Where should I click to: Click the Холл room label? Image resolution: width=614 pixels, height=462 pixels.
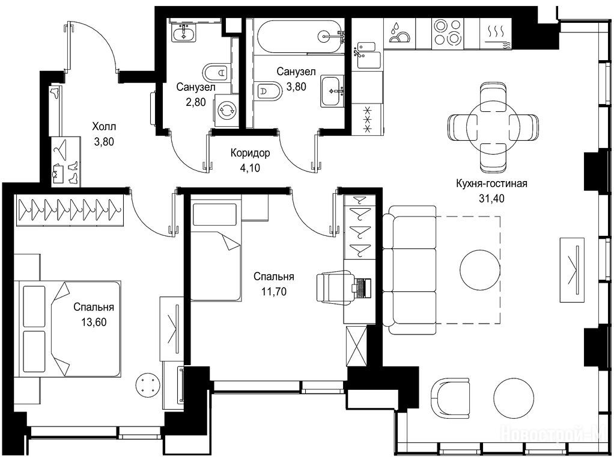coord(104,127)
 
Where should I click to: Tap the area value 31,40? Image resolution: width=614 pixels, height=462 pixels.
coord(491,199)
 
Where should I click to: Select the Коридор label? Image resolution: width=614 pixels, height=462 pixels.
coord(250,153)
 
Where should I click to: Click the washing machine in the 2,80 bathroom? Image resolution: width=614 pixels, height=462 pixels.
coord(226,110)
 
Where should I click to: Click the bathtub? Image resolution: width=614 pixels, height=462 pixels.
coord(299,36)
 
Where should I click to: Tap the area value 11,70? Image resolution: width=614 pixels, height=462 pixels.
coord(274,292)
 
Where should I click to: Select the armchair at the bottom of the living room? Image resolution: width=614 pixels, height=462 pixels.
coord(450,398)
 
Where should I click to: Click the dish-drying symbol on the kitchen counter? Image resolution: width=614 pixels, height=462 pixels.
coord(400,33)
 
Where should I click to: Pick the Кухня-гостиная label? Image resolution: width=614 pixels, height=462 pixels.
coord(491,183)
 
